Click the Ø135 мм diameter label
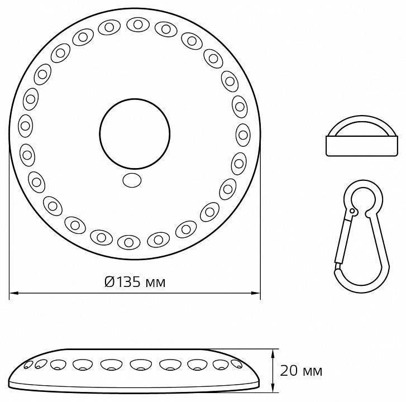[x=135, y=281]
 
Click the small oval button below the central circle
[x=132, y=180]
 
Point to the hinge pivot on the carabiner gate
[x=352, y=211]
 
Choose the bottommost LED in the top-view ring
[x=129, y=242]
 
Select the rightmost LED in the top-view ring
[x=243, y=133]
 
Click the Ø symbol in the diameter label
[x=109, y=281]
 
